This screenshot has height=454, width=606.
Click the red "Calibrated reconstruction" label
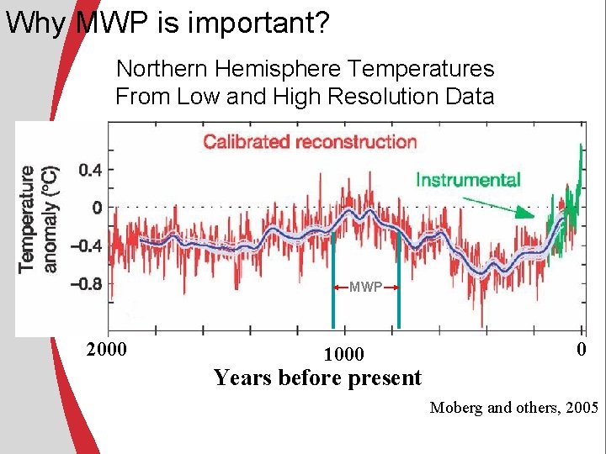tap(310, 141)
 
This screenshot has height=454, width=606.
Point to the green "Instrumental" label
tap(468, 179)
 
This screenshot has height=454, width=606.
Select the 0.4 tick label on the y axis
tap(90, 170)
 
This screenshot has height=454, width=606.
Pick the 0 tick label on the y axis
tap(97, 207)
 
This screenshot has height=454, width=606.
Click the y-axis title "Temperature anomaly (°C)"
tap(37, 219)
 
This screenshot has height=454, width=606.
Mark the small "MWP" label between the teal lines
tap(366, 288)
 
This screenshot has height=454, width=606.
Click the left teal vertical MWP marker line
tap(333, 277)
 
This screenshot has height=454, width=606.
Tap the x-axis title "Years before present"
tap(317, 378)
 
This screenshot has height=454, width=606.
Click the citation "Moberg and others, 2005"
tap(513, 409)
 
